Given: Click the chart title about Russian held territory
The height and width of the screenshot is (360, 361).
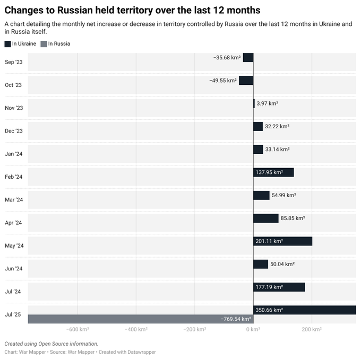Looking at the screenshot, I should pyautogui.click(x=133, y=10).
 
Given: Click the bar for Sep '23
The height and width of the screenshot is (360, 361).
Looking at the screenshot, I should pyautogui.click(x=248, y=58).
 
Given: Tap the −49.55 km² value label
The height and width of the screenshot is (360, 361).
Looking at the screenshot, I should pyautogui.click(x=223, y=81).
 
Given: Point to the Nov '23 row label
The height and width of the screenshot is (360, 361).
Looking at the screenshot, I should pyautogui.click(x=13, y=108).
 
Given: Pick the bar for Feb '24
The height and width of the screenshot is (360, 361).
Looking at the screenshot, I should pyautogui.click(x=273, y=172).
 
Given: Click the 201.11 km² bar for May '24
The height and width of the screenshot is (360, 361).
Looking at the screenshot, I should pyautogui.click(x=282, y=241).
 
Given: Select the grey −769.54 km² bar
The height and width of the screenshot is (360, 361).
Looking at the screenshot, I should pyautogui.click(x=140, y=319).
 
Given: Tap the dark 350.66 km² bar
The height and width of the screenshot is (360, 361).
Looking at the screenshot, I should pyautogui.click(x=304, y=310).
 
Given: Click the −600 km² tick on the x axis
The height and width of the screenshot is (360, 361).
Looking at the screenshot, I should pyautogui.click(x=78, y=330).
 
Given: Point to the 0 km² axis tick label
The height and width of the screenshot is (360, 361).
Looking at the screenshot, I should pyautogui.click(x=253, y=330).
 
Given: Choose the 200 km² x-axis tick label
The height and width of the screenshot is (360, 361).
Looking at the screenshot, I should pyautogui.click(x=311, y=330).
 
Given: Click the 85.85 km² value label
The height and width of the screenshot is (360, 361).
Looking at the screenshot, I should pyautogui.click(x=293, y=218).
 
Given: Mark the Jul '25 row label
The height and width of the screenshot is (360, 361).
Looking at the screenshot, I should pyautogui.click(x=13, y=314).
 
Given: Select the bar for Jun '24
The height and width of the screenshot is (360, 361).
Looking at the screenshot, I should pyautogui.click(x=261, y=264).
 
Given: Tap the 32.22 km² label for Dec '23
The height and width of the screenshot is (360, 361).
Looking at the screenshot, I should pyautogui.click(x=277, y=127).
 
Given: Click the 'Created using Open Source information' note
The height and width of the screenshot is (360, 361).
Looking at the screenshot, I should pyautogui.click(x=51, y=344).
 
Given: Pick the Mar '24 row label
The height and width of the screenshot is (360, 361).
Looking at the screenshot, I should pyautogui.click(x=13, y=200).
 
